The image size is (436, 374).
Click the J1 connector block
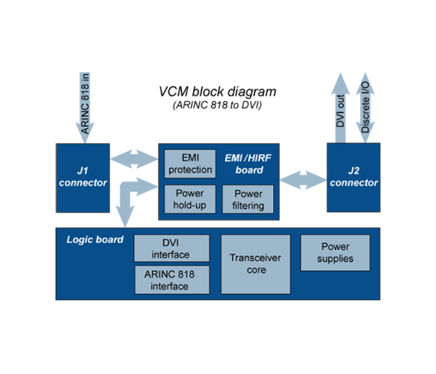[x=83, y=177]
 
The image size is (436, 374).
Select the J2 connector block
[x=354, y=177]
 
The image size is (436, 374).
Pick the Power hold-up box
[x=190, y=199]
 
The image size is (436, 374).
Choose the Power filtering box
[x=248, y=199]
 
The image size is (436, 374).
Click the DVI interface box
[x=171, y=249]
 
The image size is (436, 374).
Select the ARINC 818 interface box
[x=171, y=280]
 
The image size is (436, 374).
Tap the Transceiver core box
[x=256, y=264]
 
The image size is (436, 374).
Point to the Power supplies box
[x=335, y=252]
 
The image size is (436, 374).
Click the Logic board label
[x=95, y=239]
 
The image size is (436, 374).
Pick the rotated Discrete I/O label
[x=364, y=109]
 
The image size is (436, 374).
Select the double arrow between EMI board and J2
[x=303, y=180]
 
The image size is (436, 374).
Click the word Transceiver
[x=256, y=257]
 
